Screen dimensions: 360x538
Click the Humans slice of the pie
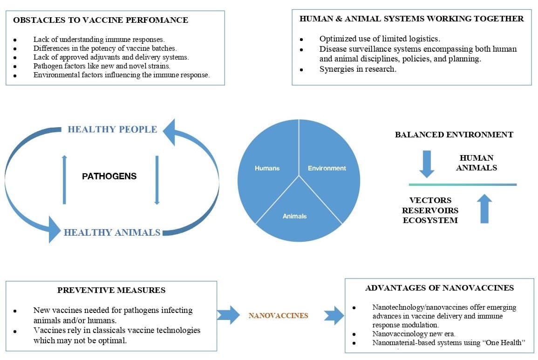267,168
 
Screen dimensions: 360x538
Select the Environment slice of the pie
327,168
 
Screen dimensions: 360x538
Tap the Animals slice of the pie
295,216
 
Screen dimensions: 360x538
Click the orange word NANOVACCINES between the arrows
278,315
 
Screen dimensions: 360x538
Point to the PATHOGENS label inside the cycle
109,177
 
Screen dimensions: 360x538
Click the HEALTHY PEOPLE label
112,129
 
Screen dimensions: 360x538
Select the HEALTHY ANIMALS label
112,232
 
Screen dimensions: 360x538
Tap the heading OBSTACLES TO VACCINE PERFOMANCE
101,20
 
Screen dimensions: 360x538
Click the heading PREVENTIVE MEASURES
111,290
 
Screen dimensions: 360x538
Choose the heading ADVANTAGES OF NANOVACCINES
439,288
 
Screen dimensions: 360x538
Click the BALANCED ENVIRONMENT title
454,135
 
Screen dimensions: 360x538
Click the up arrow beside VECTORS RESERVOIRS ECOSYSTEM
485,208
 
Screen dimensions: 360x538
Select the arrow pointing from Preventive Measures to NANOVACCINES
228,315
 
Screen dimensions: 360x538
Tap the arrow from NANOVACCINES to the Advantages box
333,315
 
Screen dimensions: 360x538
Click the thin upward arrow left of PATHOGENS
64,179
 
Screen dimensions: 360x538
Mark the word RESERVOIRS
430,210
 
